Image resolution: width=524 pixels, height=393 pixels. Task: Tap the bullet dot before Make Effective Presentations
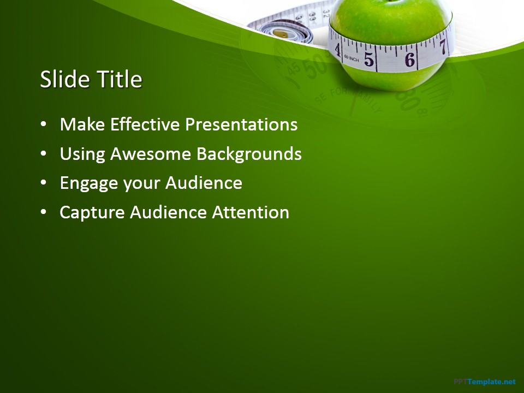(44, 125)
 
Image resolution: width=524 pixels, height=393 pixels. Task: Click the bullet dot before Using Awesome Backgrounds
(44, 154)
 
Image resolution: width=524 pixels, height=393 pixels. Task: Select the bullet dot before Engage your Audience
(44, 183)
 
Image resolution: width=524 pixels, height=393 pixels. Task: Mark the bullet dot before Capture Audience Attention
(44, 213)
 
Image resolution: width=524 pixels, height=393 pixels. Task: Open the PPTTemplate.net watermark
(484, 382)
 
